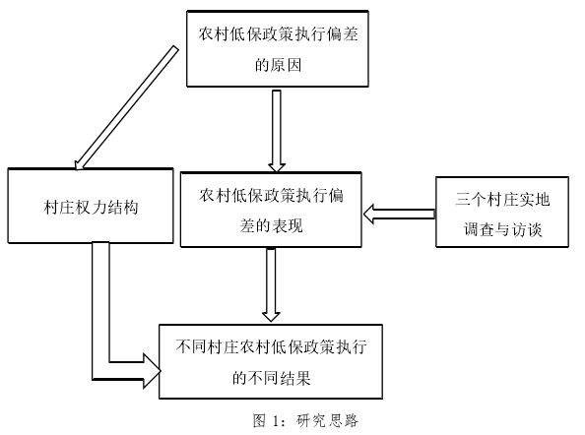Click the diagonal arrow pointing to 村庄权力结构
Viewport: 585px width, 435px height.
(126, 107)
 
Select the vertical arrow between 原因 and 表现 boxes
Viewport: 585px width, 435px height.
(277, 131)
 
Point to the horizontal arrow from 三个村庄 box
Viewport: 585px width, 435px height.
(400, 214)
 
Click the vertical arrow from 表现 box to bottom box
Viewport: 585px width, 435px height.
(271, 284)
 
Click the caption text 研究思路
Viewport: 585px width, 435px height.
(327, 420)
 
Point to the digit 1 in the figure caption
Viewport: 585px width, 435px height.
(276, 421)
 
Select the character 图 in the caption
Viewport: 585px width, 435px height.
(259, 420)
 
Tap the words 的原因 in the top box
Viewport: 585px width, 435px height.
(278, 65)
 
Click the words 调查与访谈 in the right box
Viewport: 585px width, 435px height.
(502, 229)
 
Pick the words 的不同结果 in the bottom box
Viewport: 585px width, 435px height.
(271, 378)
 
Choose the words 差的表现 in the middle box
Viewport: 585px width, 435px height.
(271, 225)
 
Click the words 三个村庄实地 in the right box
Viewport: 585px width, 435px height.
(502, 199)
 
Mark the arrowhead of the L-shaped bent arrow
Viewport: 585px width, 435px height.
(153, 371)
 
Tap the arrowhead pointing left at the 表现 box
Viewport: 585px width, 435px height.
(369, 214)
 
